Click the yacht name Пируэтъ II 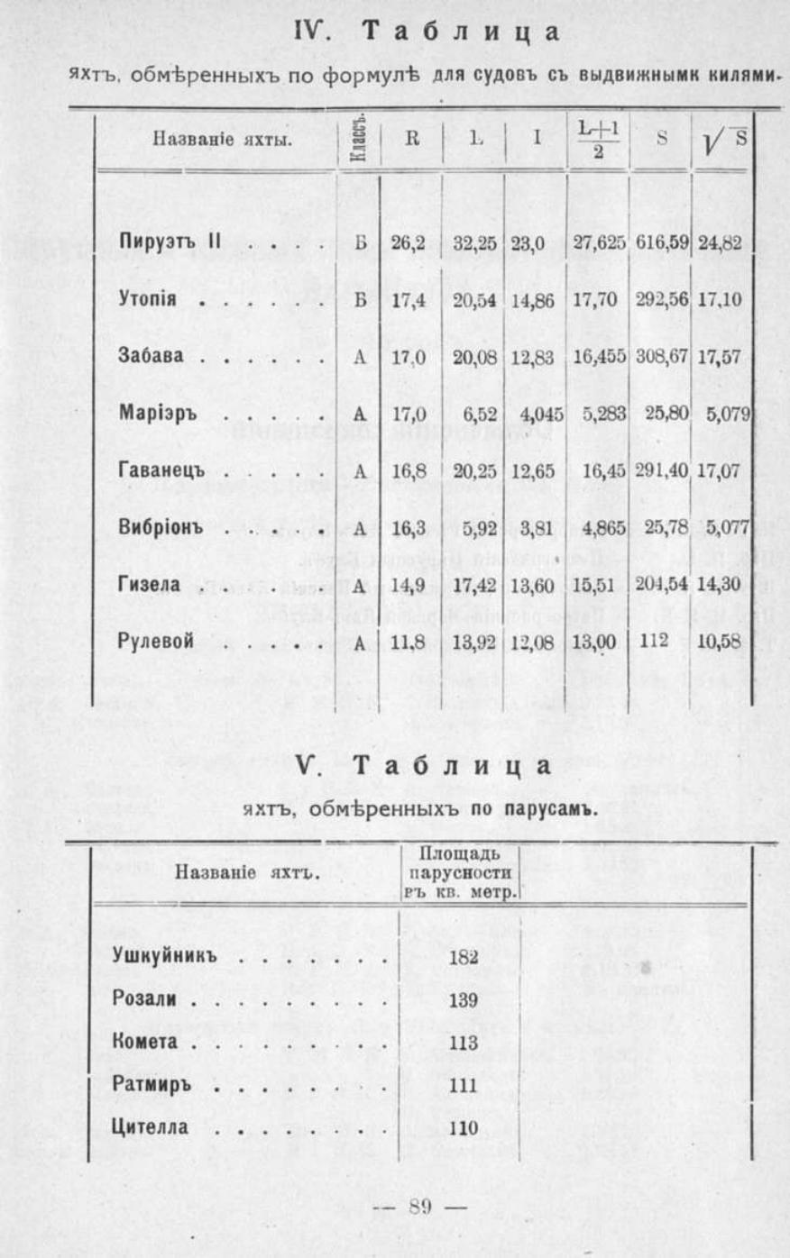click(x=170, y=242)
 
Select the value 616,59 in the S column click(x=661, y=242)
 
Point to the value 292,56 click(x=661, y=299)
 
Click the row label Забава click(x=151, y=356)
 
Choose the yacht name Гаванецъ click(x=161, y=470)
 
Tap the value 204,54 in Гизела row click(x=661, y=584)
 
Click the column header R click(x=412, y=140)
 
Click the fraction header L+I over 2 click(x=598, y=140)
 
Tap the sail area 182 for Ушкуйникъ click(x=463, y=957)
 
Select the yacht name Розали click(x=144, y=999)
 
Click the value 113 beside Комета click(x=463, y=1043)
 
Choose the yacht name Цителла click(x=151, y=1127)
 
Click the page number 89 click(x=420, y=1207)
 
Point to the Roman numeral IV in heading click(x=310, y=31)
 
